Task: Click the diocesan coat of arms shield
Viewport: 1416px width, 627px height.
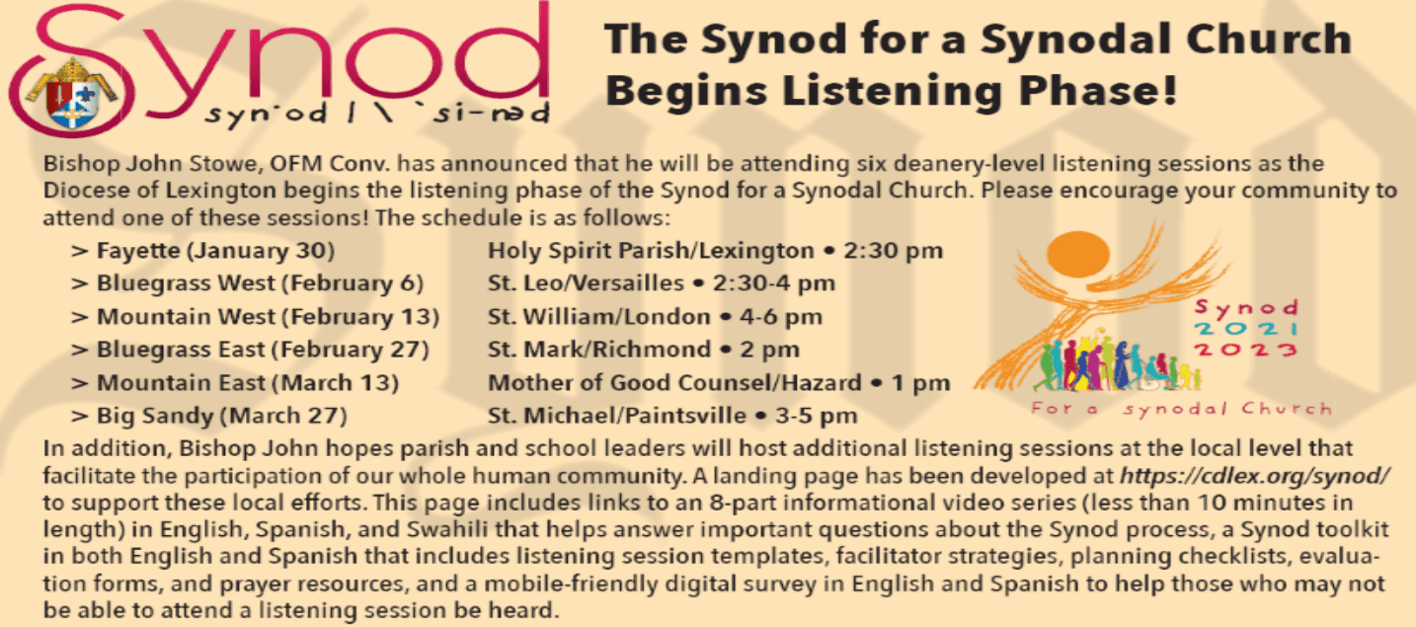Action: point(74,95)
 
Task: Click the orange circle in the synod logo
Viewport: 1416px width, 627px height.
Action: point(1078,254)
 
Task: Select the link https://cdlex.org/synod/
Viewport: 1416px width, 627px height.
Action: point(1255,475)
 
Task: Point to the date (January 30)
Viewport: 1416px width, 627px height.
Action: point(260,250)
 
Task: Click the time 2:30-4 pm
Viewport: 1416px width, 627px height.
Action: point(774,283)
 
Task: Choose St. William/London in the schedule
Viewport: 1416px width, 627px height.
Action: point(599,316)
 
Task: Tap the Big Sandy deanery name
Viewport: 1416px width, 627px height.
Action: point(155,416)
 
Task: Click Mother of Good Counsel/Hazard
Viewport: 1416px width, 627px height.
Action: point(674,382)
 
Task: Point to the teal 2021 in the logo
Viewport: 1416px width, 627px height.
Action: point(1245,329)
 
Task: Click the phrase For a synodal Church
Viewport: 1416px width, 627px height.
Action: point(1181,409)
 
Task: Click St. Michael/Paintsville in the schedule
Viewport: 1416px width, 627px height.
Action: point(617,416)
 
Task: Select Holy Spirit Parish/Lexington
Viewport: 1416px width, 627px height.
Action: point(651,250)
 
